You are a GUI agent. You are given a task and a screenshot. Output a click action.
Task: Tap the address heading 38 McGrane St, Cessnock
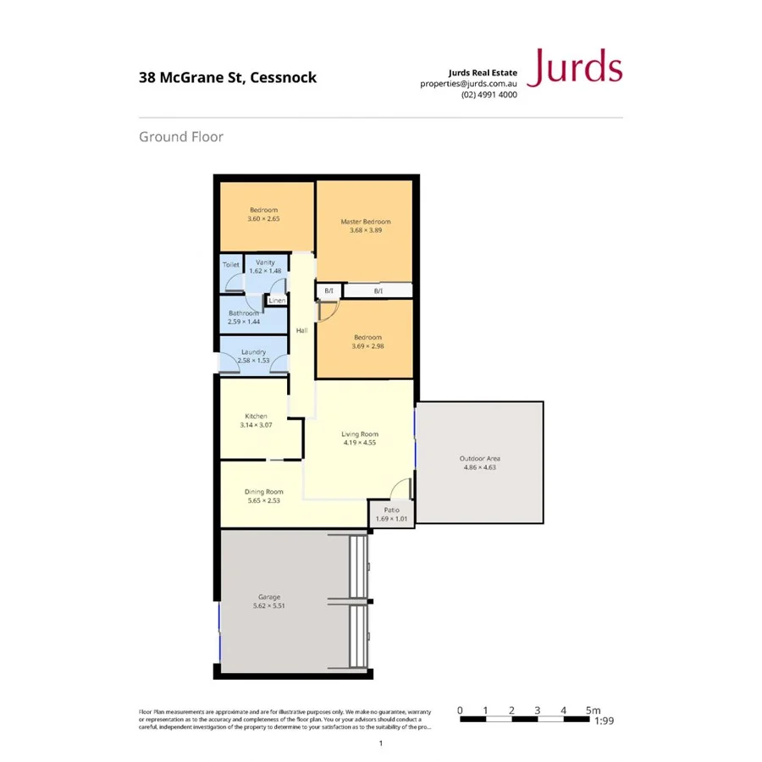click(x=228, y=77)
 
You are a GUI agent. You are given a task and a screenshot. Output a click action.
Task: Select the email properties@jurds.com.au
click(x=468, y=84)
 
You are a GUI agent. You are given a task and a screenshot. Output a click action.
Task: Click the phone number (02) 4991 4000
click(x=489, y=95)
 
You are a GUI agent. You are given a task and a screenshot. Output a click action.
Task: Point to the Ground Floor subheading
click(x=181, y=136)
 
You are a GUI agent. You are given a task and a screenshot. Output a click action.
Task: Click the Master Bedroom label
click(x=366, y=222)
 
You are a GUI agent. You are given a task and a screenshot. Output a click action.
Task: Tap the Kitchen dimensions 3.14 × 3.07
click(x=256, y=425)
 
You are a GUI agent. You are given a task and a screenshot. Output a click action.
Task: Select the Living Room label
click(x=360, y=433)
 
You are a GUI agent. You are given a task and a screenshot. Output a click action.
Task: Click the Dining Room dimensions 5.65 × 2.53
click(x=263, y=500)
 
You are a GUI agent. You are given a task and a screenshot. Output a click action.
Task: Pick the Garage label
click(x=269, y=597)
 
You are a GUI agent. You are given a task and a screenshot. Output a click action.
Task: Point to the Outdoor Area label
click(x=481, y=458)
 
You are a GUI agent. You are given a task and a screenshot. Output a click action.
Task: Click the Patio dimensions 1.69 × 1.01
click(x=391, y=518)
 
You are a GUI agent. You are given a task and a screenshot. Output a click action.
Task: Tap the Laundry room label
click(x=253, y=351)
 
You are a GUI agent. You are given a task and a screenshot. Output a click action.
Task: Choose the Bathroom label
click(x=243, y=313)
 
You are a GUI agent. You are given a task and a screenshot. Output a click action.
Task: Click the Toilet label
click(x=231, y=265)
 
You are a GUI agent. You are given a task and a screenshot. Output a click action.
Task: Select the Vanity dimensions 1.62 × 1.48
click(x=265, y=271)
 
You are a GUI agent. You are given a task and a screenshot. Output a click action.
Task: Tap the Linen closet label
click(x=277, y=301)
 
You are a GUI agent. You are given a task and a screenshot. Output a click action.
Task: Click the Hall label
click(x=301, y=329)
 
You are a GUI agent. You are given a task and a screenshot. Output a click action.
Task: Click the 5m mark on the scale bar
click(x=592, y=710)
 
